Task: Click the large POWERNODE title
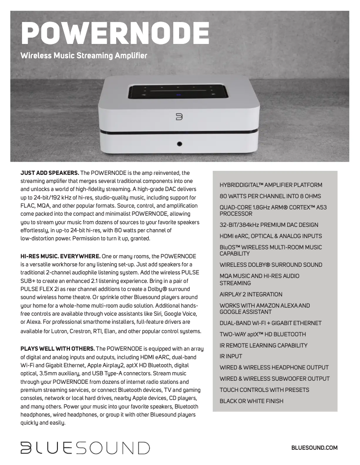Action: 115,32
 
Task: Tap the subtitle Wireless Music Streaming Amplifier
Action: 84,56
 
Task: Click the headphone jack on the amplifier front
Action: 180,144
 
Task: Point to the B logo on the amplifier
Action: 179,117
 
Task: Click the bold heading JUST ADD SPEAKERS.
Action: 50,173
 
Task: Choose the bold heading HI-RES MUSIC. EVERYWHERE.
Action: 60,256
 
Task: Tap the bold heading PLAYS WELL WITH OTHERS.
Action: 57,348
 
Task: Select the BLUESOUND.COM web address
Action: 314,448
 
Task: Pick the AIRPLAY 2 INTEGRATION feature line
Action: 251,294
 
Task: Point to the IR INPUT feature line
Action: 231,356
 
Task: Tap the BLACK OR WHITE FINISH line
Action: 251,401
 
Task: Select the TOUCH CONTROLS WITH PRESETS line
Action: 264,390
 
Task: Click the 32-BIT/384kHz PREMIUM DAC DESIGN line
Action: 269,225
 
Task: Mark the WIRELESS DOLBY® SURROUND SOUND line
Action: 271,265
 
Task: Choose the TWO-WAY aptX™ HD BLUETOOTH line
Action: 263,334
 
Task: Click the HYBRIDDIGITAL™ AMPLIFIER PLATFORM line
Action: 271,185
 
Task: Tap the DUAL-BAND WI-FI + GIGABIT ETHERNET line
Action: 270,323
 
